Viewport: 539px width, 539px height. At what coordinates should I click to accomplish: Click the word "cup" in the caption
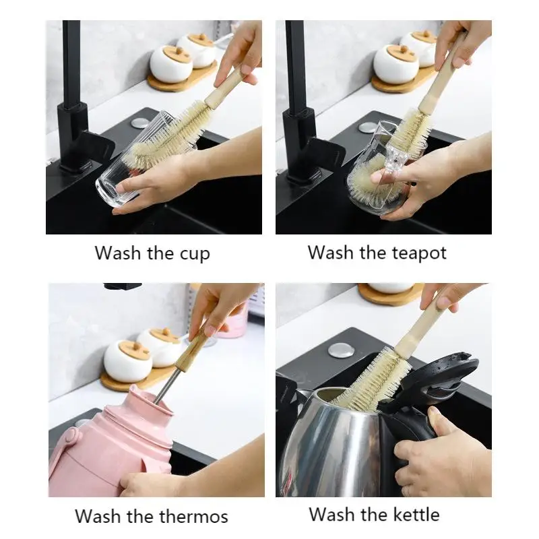pyautogui.click(x=194, y=254)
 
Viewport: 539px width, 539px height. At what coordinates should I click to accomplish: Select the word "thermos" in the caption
pyautogui.click(x=195, y=517)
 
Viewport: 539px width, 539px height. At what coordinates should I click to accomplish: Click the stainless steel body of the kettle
pyautogui.click(x=323, y=445)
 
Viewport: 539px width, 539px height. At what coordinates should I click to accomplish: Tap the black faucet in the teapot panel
pyautogui.click(x=296, y=101)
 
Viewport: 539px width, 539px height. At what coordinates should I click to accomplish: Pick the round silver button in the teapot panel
pyautogui.click(x=368, y=127)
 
